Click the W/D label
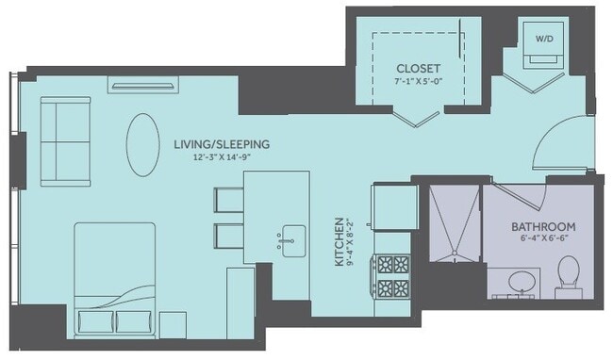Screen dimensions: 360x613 (545, 40)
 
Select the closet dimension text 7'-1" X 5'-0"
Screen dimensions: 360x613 (420, 83)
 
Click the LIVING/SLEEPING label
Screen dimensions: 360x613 (223, 144)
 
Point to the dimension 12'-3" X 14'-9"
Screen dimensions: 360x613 (223, 157)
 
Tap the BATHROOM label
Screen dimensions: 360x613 (543, 227)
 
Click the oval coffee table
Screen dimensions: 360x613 (143, 144)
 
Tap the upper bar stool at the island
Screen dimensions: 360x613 (229, 201)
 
